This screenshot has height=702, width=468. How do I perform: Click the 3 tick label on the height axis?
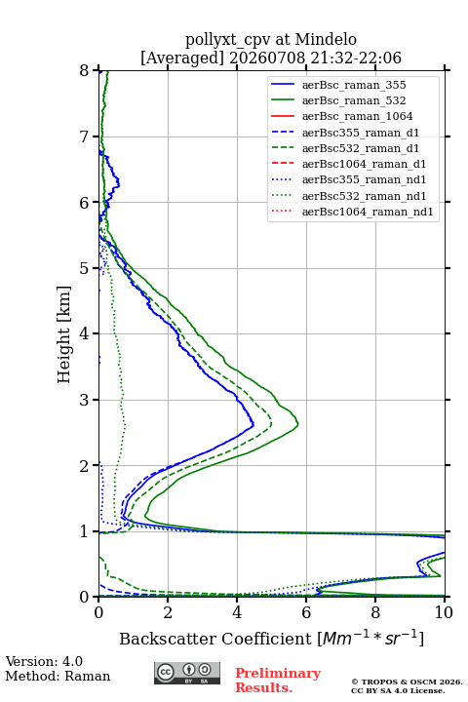pos(85,400)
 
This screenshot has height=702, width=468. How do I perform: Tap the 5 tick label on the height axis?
pos(85,268)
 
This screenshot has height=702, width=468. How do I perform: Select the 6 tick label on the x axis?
pos(306,612)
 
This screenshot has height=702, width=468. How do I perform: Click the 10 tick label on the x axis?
pos(444,612)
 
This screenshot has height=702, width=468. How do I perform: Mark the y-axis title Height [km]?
pos(64,334)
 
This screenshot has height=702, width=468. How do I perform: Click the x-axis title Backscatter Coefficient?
pos(215,639)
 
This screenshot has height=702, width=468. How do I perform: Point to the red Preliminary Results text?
pos(278,681)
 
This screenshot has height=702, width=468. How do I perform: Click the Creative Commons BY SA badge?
pos(187,673)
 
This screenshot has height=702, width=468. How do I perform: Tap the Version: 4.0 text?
pos(44,661)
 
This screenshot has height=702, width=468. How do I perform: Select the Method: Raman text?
pos(58,676)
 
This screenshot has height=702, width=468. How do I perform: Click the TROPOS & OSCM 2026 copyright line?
pos(407,682)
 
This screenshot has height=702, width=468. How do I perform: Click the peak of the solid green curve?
pos(298,423)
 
